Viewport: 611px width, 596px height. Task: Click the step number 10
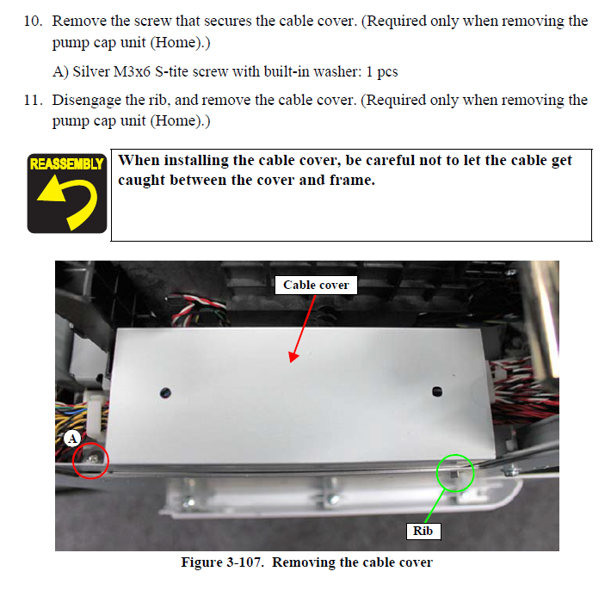(x=33, y=21)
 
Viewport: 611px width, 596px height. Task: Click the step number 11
(x=33, y=100)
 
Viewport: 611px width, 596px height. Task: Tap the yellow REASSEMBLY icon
(x=66, y=194)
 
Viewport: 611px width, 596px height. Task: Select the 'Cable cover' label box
(x=316, y=286)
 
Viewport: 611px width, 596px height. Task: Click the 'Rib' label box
(x=423, y=531)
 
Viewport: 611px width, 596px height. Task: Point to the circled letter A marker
(x=72, y=439)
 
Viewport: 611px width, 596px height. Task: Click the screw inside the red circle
(x=93, y=458)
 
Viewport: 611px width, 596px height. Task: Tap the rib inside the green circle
(x=454, y=474)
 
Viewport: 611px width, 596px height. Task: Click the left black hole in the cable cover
(x=165, y=393)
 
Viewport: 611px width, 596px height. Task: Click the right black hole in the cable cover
(x=437, y=391)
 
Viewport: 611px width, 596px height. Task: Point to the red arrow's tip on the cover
(x=291, y=362)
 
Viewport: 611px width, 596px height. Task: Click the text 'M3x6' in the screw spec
(x=132, y=71)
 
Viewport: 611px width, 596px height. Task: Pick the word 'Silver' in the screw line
(x=91, y=71)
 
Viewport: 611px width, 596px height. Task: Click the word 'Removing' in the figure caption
(x=304, y=562)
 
